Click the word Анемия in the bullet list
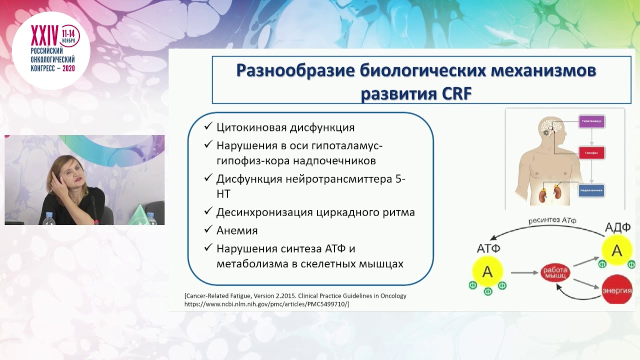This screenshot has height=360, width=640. coord(237,230)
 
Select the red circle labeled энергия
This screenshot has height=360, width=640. coord(616,290)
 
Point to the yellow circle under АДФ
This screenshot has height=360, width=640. coord(617,249)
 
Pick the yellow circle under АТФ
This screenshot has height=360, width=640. coord(487,271)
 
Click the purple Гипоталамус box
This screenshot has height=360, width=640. coord(591,121)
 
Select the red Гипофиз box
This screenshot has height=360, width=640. coord(591,152)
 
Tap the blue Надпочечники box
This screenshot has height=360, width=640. coord(591,190)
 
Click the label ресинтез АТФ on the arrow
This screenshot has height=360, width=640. coord(552,220)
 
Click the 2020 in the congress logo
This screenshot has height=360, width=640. coord(68,68)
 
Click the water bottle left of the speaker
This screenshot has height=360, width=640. coord(49,218)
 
